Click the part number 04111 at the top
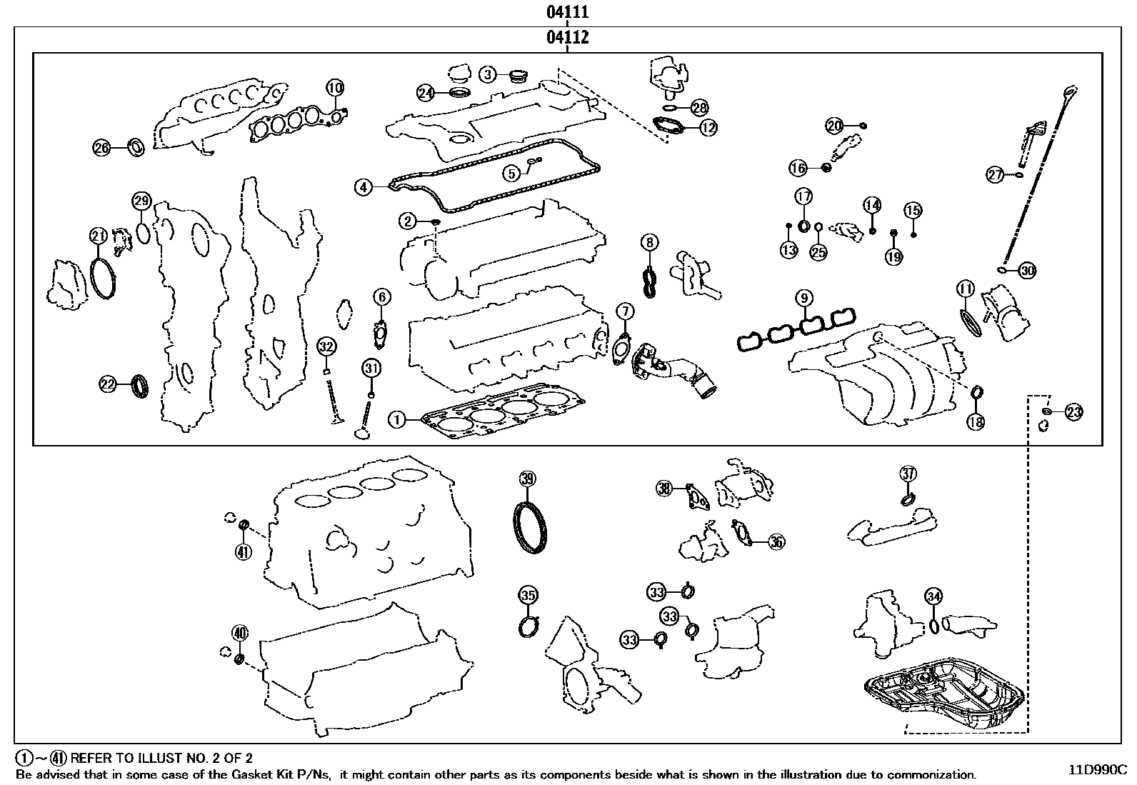pyautogui.click(x=568, y=12)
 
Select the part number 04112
pyautogui.click(x=568, y=37)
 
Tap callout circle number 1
pyautogui.click(x=398, y=419)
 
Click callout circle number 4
pyautogui.click(x=364, y=187)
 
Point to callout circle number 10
pyautogui.click(x=335, y=89)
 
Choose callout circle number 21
pyautogui.click(x=98, y=236)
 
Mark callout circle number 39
pyautogui.click(x=527, y=479)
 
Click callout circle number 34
pyautogui.click(x=933, y=596)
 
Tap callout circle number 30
pyautogui.click(x=1027, y=271)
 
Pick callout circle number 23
pyautogui.click(x=1073, y=411)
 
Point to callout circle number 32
pyautogui.click(x=326, y=347)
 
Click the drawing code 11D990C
pyautogui.click(x=1097, y=770)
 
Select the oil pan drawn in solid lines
pyautogui.click(x=946, y=693)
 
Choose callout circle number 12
pyautogui.click(x=708, y=128)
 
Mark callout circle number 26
pyautogui.click(x=102, y=148)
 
